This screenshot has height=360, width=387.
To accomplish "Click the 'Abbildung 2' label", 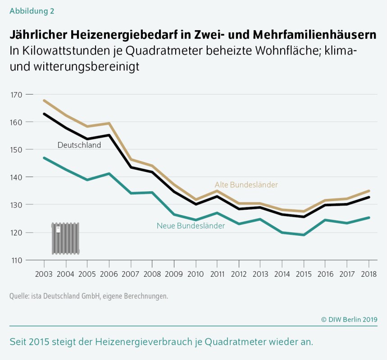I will (32, 11).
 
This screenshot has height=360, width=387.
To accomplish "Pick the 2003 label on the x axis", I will (44, 274).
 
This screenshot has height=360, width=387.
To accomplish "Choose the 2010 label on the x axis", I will (196, 274).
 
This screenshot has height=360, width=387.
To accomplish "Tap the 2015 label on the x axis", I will (304, 274).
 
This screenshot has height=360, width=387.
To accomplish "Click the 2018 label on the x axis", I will (369, 274).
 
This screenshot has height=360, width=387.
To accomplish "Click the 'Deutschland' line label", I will (79, 145).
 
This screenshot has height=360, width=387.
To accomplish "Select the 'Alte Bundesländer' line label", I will (246, 184).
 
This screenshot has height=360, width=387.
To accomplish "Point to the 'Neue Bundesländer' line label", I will (191, 226).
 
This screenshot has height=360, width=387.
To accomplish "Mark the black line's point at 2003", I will (44, 114).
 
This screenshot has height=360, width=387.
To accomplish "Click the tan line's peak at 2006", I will (109, 123).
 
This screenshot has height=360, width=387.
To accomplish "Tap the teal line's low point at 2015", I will (304, 235).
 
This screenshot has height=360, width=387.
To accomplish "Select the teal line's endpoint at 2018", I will (369, 218).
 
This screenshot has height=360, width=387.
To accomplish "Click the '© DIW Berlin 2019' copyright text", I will (349, 319).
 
